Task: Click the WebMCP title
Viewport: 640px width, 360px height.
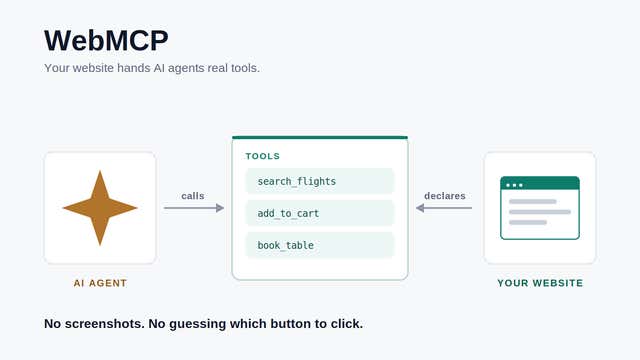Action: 106,40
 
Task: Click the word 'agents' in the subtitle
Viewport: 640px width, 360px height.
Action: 186,68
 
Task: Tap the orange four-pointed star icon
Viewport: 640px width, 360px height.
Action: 100,208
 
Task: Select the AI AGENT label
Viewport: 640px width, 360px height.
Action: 100,283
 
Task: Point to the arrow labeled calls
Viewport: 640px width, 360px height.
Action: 194,208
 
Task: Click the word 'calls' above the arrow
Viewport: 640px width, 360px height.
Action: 193,196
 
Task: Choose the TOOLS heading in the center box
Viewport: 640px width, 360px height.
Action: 262,156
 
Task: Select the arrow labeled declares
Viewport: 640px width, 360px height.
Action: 444,208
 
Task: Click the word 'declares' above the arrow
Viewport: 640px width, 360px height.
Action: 445,196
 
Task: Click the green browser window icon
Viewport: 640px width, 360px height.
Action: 540,208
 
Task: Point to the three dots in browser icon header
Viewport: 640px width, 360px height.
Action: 514,185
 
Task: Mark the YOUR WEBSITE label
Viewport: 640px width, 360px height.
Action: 540,283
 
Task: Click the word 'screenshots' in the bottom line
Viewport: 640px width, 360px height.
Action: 104,324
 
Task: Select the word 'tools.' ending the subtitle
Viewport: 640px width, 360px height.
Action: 245,68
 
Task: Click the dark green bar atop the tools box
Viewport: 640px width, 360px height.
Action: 320,138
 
